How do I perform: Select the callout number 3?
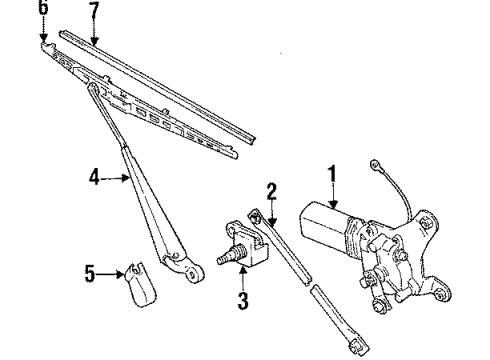pos(240,300)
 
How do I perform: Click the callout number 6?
pos(42,9)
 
